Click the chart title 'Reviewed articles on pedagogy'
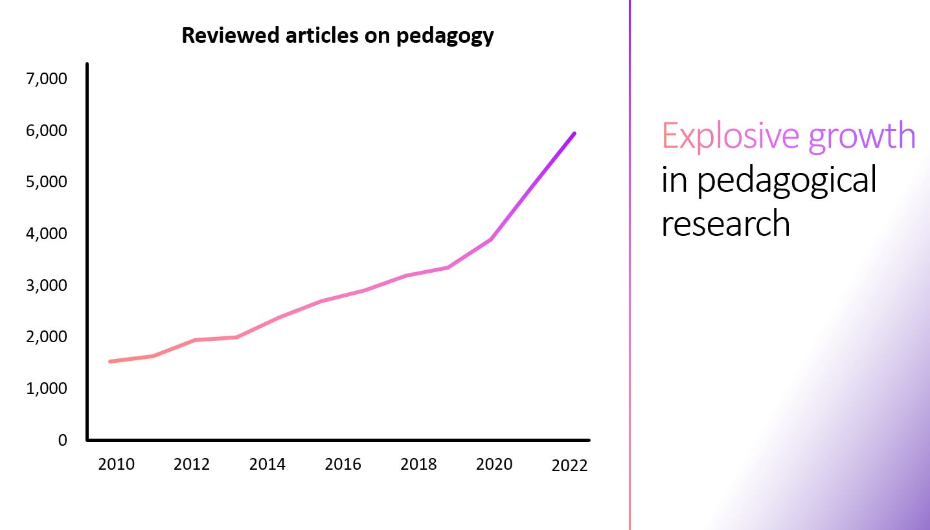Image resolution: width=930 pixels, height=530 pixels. (337, 35)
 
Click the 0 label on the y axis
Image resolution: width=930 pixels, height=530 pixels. (62, 440)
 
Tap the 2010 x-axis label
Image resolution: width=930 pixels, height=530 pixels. (117, 465)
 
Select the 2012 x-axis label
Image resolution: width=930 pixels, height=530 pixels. (192, 465)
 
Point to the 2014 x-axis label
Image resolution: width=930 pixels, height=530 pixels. (267, 465)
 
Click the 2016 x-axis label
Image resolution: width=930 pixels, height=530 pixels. (343, 465)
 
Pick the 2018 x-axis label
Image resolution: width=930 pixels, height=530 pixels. (418, 465)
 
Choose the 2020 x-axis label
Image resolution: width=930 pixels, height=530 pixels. (494, 465)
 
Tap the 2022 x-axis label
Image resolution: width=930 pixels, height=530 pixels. (569, 466)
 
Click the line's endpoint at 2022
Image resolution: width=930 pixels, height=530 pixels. (574, 133)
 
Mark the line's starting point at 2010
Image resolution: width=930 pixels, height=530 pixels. (110, 361)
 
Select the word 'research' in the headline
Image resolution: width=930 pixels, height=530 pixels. (725, 224)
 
